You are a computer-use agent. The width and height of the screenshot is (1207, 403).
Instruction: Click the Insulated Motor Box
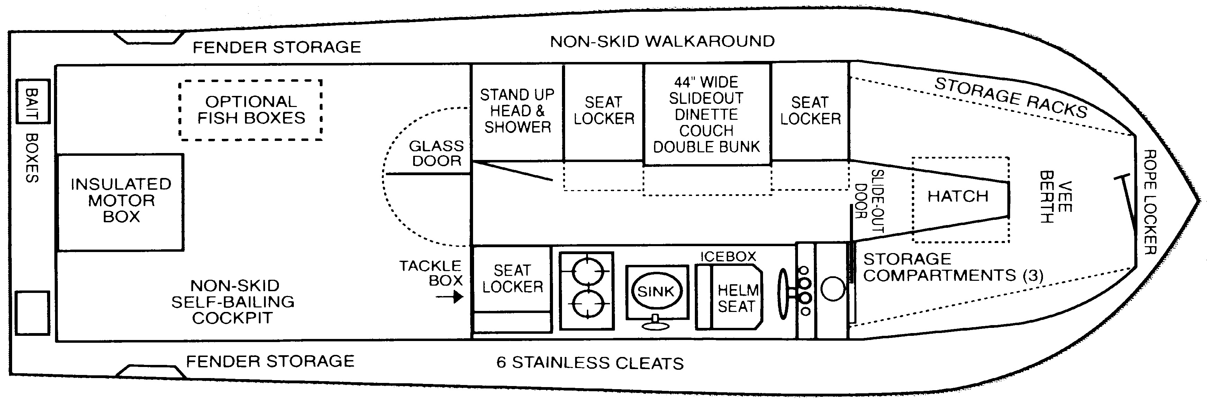pyautogui.click(x=120, y=201)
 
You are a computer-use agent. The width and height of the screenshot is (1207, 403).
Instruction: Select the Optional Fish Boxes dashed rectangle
pyautogui.click(x=251, y=110)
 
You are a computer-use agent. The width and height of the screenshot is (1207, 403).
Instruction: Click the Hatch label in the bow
pyautogui.click(x=958, y=196)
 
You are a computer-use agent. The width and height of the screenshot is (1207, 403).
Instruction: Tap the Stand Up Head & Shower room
pyautogui.click(x=517, y=111)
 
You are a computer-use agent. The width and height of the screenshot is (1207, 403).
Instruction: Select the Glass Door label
pyautogui.click(x=436, y=153)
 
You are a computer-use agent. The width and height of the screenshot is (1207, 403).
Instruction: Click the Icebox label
pyautogui.click(x=728, y=256)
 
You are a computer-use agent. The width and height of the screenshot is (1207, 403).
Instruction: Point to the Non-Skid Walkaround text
pyautogui.click(x=662, y=42)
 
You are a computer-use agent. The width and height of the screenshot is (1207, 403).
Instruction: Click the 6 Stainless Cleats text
pyautogui.click(x=590, y=363)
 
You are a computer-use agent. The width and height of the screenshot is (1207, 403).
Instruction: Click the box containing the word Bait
pyautogui.click(x=32, y=102)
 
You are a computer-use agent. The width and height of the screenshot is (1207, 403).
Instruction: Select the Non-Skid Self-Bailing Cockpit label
pyautogui.click(x=233, y=302)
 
